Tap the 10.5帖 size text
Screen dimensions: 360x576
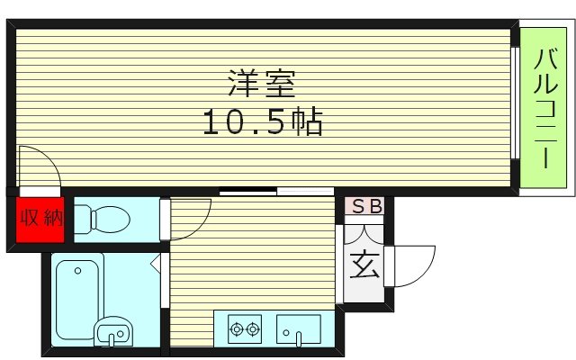260,123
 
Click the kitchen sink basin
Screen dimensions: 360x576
298,328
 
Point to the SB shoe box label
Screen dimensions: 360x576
365,207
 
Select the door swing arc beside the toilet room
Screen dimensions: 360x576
190,220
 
